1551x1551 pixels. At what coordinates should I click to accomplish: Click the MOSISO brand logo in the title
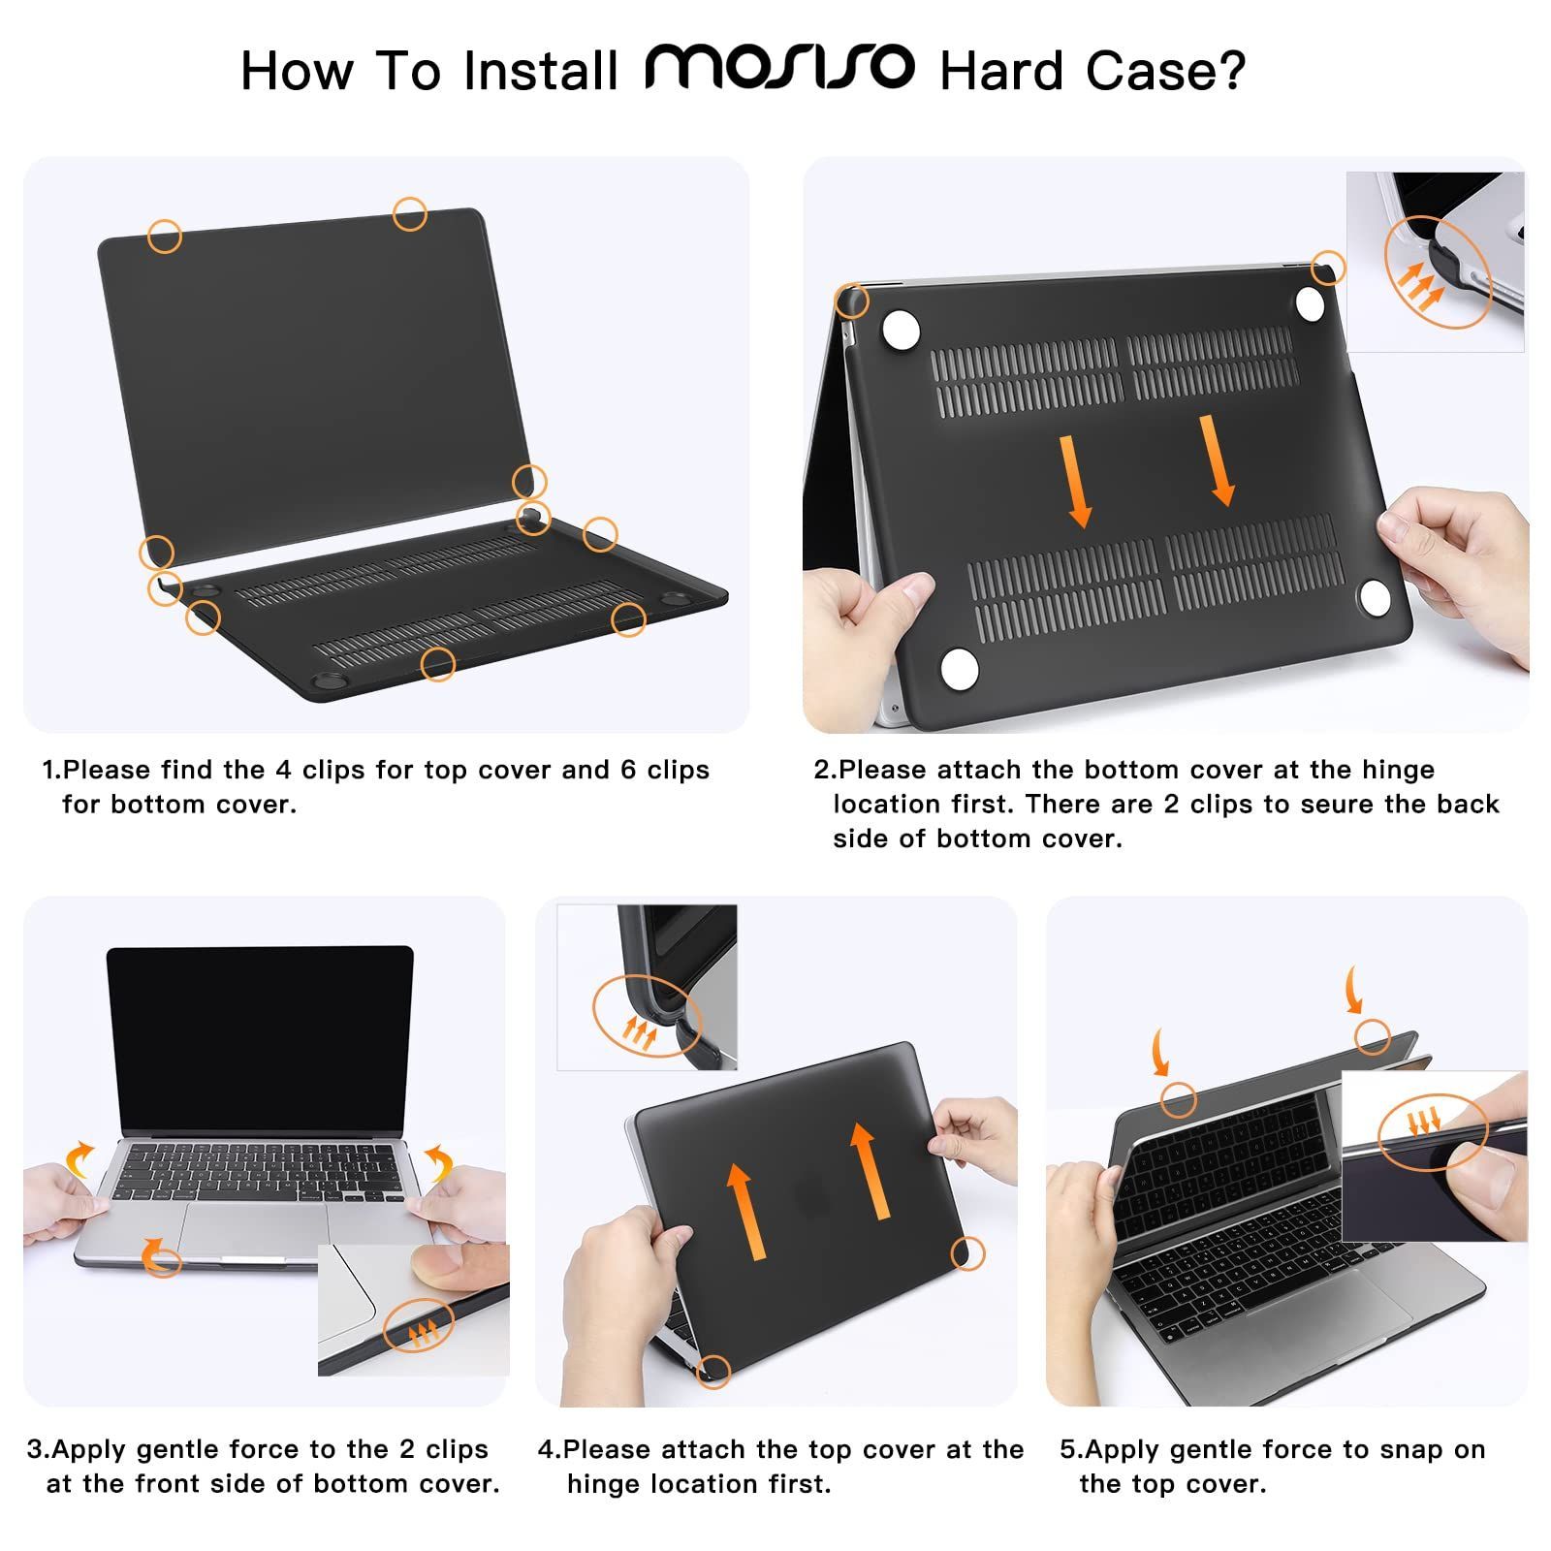779,68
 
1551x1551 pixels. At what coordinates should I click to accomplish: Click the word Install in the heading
541,72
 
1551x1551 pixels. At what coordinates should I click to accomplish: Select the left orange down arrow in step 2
1075,481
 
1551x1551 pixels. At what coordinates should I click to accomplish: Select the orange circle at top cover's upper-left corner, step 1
165,236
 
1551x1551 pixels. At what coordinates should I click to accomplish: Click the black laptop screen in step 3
260,1037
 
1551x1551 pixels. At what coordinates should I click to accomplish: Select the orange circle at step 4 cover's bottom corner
713,1370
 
